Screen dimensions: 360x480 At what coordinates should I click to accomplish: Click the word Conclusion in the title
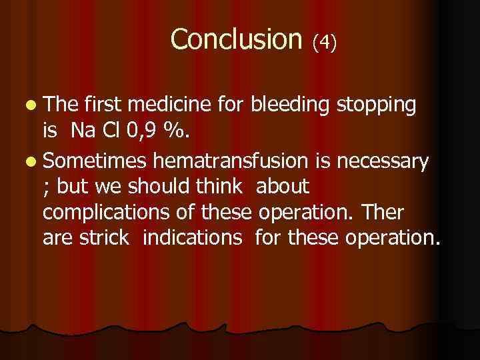point(236,39)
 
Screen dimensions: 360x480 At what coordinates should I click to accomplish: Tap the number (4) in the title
point(325,43)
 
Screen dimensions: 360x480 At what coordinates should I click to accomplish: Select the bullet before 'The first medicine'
point(33,105)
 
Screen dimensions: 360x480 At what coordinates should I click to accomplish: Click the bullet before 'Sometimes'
point(33,161)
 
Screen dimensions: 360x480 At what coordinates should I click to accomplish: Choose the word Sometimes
point(96,160)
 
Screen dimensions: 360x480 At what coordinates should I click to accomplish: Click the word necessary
point(387,161)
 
